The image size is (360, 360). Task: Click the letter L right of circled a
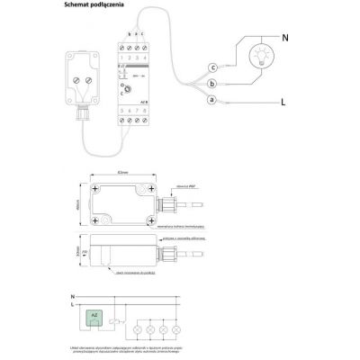(x=283, y=103)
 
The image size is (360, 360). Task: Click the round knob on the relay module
(x=126, y=90)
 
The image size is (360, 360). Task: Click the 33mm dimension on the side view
(x=79, y=254)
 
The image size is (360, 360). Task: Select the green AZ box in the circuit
(x=95, y=315)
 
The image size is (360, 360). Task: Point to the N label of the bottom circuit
(x=72, y=295)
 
